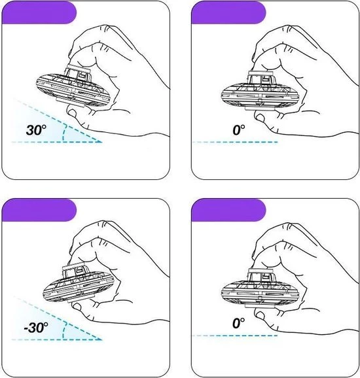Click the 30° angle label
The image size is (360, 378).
[x=35, y=129]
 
